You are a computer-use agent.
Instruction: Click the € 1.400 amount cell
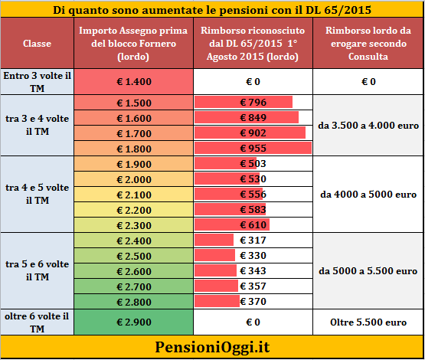coord(133,82)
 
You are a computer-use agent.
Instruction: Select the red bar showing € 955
coord(253,148)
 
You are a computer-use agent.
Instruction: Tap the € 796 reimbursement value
coord(253,102)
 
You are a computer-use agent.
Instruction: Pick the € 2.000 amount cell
coord(133,179)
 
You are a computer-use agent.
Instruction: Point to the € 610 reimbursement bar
coord(232,224)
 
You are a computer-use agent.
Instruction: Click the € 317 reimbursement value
coord(253,241)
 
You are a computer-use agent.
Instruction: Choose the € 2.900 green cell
coord(133,322)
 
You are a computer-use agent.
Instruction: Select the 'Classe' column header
coord(37,44)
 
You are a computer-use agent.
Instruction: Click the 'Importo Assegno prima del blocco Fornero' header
coord(133,44)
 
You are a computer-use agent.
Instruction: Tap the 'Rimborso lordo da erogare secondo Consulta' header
coord(368,44)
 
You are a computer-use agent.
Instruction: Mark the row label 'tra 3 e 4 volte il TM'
coord(37,125)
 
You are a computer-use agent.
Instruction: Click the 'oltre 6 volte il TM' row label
coord(37,322)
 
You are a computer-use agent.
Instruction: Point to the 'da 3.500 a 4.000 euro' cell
coord(368,126)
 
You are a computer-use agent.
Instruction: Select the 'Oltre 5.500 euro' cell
coord(368,322)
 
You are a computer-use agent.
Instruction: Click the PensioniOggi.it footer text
coord(212,347)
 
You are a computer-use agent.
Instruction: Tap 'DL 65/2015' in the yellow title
coord(338,10)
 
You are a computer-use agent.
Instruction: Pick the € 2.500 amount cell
coord(133,256)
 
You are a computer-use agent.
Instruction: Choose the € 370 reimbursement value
coord(253,302)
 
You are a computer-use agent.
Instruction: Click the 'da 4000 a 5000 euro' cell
coord(368,195)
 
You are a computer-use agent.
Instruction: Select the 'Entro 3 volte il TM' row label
coord(37,82)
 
